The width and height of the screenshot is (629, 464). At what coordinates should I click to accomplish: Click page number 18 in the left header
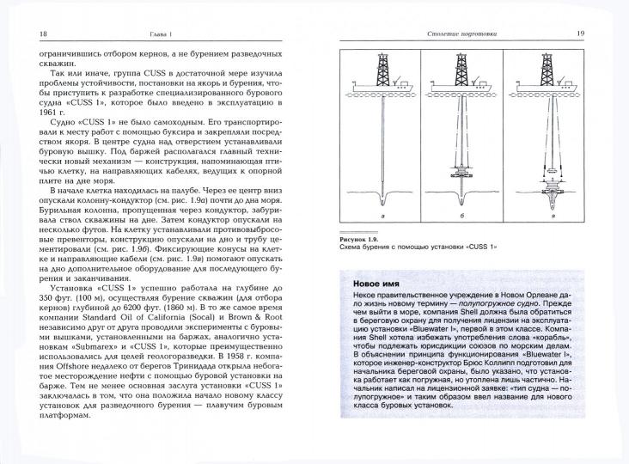tap(20, 34)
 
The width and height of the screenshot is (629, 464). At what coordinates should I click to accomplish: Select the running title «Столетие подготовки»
tap(463, 34)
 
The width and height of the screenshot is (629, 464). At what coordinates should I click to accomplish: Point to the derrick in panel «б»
tap(467, 70)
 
